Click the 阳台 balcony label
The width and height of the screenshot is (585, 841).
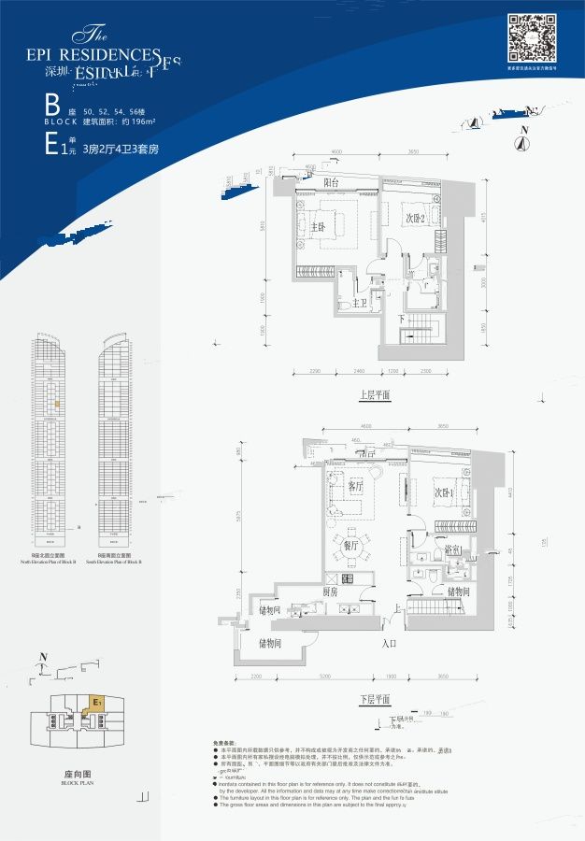pyautogui.click(x=331, y=183)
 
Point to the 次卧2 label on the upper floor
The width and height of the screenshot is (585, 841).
pyautogui.click(x=416, y=219)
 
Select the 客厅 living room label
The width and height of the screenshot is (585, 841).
pyautogui.click(x=355, y=486)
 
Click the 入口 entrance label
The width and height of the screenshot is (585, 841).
pyautogui.click(x=390, y=643)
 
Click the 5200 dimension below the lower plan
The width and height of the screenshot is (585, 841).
pyautogui.click(x=323, y=677)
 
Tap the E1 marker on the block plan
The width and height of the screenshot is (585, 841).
pyautogui.click(x=94, y=699)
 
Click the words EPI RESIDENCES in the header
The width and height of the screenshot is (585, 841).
pyautogui.click(x=103, y=55)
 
